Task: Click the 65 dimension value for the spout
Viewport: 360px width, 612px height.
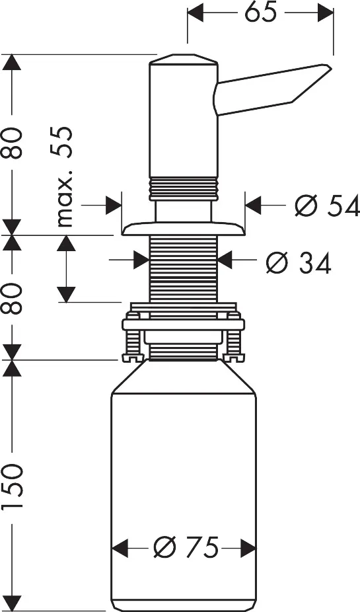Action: click(261, 13)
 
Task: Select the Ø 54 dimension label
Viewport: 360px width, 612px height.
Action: click(327, 206)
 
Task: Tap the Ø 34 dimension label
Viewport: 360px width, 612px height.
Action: click(298, 262)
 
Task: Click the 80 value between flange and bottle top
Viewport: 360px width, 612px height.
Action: click(14, 299)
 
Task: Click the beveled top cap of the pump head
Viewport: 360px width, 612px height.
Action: click(184, 61)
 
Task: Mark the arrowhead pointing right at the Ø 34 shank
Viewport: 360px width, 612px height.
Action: click(141, 260)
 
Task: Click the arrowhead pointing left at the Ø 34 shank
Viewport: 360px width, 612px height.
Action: click(225, 260)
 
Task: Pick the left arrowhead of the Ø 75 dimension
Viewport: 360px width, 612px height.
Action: click(119, 547)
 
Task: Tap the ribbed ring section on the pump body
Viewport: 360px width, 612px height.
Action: click(184, 188)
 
